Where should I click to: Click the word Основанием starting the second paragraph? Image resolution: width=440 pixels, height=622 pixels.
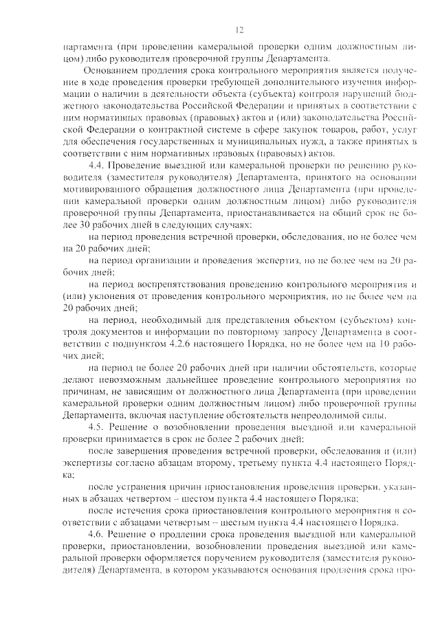coord(111,70)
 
